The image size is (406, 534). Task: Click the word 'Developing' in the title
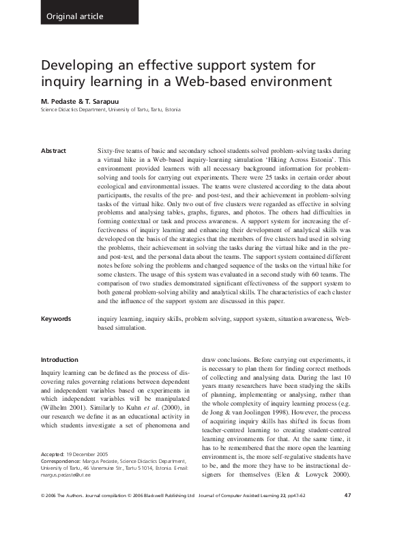tap(77, 66)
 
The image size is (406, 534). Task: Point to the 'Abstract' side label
tap(53, 148)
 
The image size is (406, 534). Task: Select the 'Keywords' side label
tap(55, 318)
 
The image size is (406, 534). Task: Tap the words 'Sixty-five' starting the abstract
tap(113, 148)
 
